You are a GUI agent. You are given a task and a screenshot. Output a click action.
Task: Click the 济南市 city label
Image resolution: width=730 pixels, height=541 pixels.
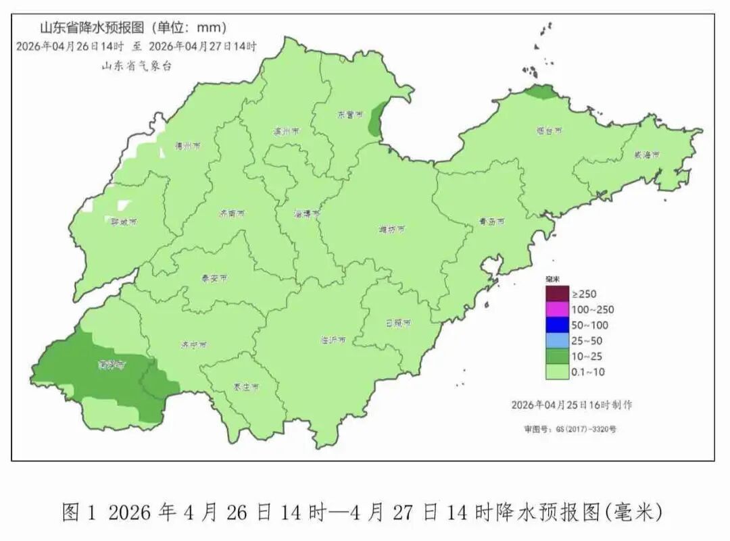point(232,213)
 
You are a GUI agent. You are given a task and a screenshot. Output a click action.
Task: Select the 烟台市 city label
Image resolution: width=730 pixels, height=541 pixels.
point(549,130)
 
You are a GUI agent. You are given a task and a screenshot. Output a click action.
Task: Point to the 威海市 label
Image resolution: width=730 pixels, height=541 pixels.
point(646,155)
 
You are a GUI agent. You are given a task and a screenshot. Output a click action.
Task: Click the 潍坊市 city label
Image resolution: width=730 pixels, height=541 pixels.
point(392,230)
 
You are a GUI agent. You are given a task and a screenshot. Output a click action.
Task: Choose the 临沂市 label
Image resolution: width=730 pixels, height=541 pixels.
point(333,340)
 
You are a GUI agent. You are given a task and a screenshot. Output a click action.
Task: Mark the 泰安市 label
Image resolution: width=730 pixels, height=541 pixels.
point(214,278)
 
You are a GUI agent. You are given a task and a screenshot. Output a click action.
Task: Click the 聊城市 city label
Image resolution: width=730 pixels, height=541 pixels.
point(124,222)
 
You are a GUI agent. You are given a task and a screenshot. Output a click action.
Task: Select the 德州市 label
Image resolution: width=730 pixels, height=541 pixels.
point(183,145)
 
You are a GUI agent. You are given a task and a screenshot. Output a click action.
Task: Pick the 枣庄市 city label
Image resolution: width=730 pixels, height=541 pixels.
point(246,387)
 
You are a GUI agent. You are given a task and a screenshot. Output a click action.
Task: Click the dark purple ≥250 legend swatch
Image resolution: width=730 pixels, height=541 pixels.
point(558,294)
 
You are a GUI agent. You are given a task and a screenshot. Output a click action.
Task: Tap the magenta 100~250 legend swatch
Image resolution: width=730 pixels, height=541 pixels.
point(558,310)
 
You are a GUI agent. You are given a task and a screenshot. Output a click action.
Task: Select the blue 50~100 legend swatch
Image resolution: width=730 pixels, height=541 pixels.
point(558,325)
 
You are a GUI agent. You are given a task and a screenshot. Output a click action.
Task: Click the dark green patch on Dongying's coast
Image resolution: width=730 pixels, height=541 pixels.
point(375,121)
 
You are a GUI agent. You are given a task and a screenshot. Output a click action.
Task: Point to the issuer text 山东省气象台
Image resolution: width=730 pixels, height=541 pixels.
point(137,66)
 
